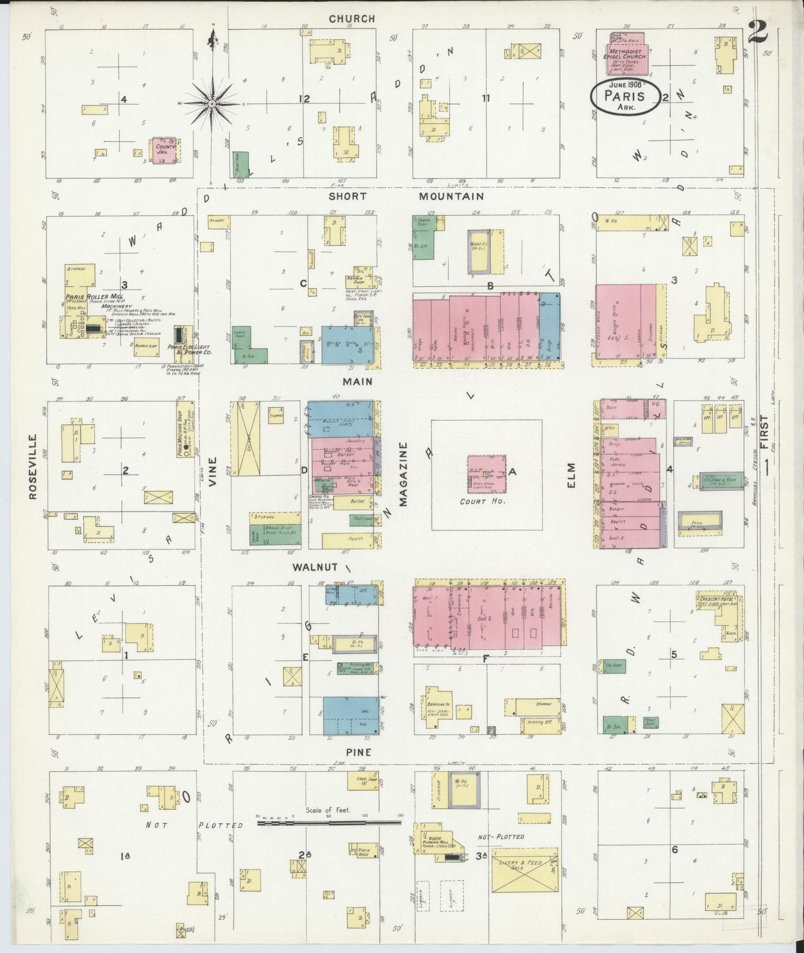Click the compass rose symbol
[212, 103]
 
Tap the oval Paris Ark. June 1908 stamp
[625, 96]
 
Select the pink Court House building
[486, 474]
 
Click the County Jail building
[165, 150]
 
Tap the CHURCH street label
[352, 19]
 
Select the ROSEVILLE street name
[33, 466]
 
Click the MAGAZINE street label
[403, 474]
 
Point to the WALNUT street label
[315, 567]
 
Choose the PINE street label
[358, 752]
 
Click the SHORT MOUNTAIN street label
[406, 196]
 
